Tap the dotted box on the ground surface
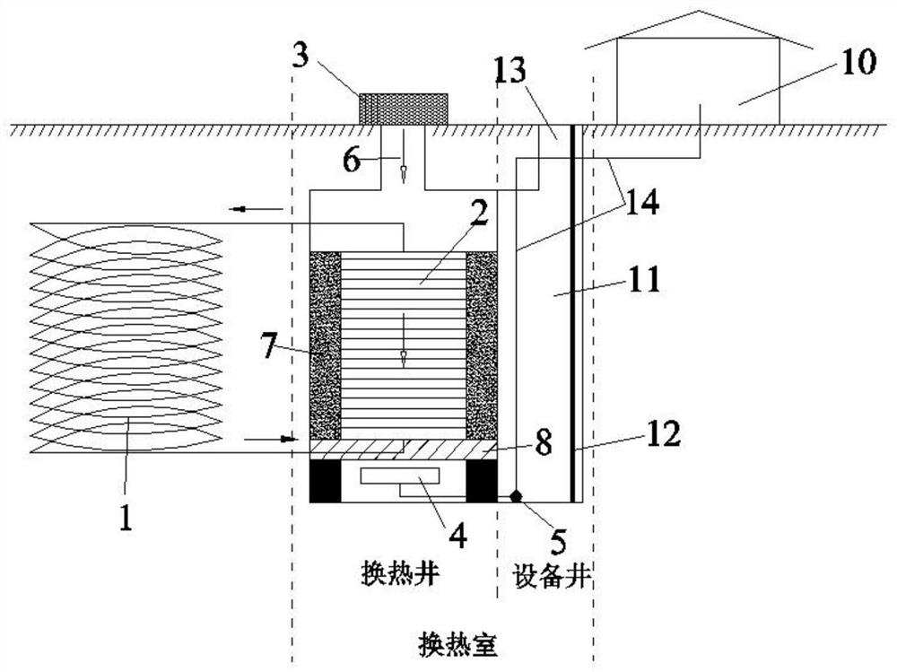(x=403, y=109)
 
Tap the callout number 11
(x=643, y=280)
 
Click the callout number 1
(x=126, y=517)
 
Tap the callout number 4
(x=458, y=536)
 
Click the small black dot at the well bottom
(x=516, y=495)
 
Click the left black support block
(x=325, y=483)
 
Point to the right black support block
(x=481, y=483)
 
